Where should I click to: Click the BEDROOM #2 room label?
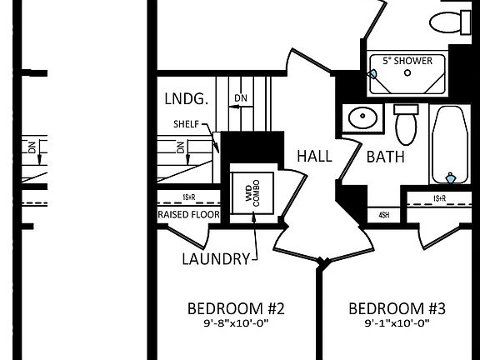(237, 308)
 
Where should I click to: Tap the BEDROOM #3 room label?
(397, 308)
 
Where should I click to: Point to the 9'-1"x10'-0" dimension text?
(397, 323)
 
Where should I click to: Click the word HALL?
(314, 156)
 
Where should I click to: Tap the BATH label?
(385, 156)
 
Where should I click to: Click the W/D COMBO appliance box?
(252, 192)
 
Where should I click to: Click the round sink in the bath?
(362, 118)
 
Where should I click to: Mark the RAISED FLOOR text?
(188, 214)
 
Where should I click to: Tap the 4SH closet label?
(384, 214)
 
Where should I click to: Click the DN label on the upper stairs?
(241, 98)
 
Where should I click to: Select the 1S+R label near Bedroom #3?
(439, 198)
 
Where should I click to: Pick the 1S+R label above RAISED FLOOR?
(188, 197)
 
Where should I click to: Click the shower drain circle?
(407, 73)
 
